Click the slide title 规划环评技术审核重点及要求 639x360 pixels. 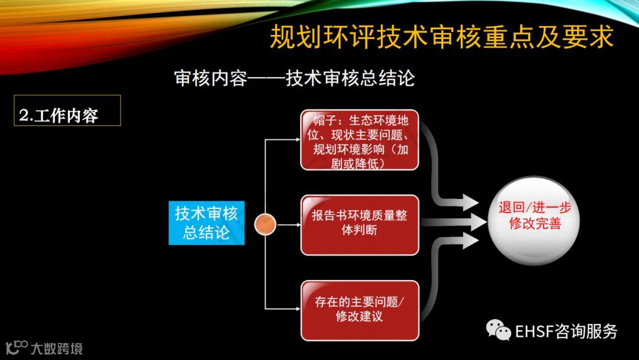point(441,37)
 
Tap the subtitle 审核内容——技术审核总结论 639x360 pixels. point(294,78)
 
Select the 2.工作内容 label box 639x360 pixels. point(67,111)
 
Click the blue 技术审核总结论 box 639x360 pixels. point(206,223)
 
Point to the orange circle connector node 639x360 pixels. point(266,224)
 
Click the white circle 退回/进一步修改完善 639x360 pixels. point(535,220)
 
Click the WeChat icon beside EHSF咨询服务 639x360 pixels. point(498,330)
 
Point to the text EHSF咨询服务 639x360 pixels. point(566,331)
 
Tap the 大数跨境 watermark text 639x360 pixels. point(57,348)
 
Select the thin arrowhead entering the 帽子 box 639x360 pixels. point(297,140)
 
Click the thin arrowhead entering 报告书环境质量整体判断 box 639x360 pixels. point(297,225)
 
